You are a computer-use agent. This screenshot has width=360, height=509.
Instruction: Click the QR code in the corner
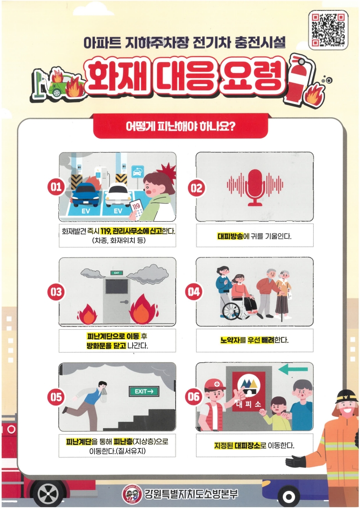click(328, 30)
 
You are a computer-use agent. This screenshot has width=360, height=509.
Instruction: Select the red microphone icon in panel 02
click(255, 188)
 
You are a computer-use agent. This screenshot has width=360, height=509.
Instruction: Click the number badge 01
click(55, 187)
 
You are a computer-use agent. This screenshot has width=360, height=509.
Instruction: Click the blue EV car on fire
click(85, 194)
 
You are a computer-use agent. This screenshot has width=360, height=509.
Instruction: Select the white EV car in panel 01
click(118, 194)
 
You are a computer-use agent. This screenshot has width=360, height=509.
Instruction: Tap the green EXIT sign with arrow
click(144, 391)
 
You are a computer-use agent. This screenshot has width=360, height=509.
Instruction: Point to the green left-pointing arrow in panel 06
click(293, 369)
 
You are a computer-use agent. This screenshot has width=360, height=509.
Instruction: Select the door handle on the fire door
click(123, 302)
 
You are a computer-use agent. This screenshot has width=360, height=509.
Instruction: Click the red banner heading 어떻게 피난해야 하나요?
click(181, 126)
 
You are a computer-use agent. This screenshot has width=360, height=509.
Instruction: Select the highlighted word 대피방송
click(230, 236)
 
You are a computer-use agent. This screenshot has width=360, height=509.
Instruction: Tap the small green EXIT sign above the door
click(116, 273)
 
